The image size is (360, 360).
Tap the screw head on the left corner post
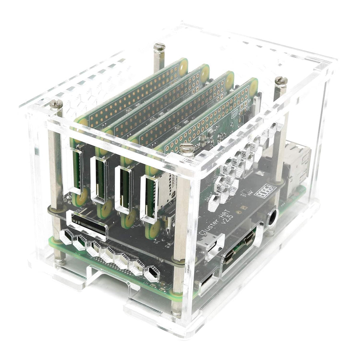[x=56, y=104]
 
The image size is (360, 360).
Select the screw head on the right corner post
[x=281, y=81]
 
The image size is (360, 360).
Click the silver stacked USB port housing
[x=296, y=160]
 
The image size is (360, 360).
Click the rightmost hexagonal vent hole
[x=152, y=274]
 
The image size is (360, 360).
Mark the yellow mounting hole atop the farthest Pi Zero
[x=183, y=66]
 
